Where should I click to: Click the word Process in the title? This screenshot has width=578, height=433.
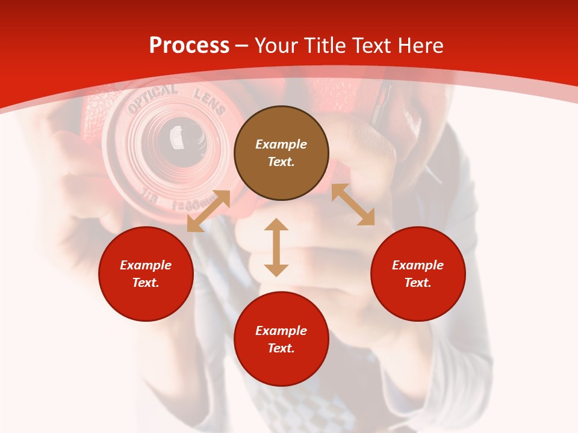point(189,46)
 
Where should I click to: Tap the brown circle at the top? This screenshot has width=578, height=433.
point(281,153)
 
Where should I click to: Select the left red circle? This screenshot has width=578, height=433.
point(146,274)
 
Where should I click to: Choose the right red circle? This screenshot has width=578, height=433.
point(418,274)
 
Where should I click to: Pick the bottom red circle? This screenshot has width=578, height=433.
point(281,339)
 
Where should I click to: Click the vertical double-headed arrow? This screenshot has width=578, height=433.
point(276,247)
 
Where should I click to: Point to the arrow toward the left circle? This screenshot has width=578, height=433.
point(208,211)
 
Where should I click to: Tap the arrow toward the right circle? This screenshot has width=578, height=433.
point(353,204)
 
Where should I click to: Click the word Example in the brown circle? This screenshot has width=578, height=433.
point(281,144)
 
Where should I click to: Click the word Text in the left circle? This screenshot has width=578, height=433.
point(146,283)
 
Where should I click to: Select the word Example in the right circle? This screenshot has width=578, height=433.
point(418,265)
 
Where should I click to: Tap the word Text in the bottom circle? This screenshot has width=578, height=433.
point(281,348)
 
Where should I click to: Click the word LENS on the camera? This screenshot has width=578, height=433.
point(209,101)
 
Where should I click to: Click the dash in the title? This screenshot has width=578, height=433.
point(241,46)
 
